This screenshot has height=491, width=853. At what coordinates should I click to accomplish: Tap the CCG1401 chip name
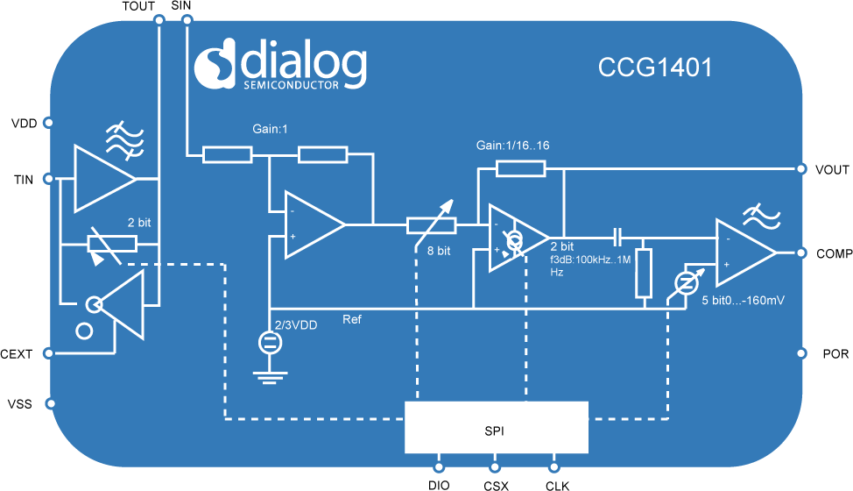(655, 68)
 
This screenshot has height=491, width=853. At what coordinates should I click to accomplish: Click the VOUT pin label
(830, 170)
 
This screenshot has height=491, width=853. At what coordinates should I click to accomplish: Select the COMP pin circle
(800, 253)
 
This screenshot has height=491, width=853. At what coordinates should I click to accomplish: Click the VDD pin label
(24, 123)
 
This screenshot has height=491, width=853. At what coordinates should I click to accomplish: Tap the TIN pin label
(24, 180)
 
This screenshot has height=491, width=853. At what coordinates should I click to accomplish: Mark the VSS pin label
(20, 404)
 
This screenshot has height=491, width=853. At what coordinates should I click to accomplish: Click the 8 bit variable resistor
(432, 226)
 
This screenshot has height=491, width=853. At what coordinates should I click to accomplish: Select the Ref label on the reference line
(352, 319)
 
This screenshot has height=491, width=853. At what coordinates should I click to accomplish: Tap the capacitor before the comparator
(618, 237)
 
